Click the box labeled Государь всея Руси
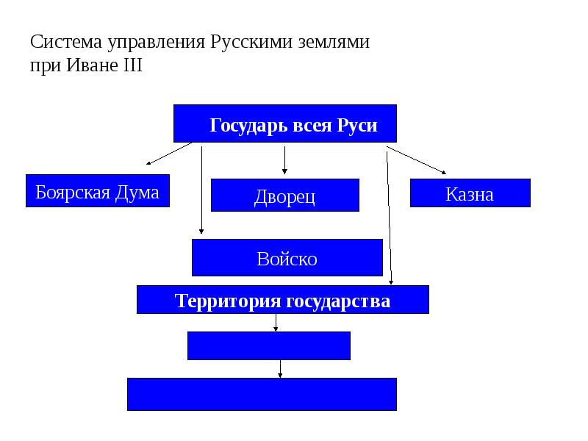tap(285, 123)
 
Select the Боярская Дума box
tap(98, 191)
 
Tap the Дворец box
tap(285, 196)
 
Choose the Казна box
tap(470, 193)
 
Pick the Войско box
tap(287, 258)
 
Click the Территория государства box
tap(282, 300)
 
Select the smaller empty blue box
tap(269, 345)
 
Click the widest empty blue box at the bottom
tap(262, 394)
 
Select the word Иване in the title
tap(90, 65)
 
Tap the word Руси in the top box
tap(357, 125)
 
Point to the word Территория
tap(228, 301)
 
